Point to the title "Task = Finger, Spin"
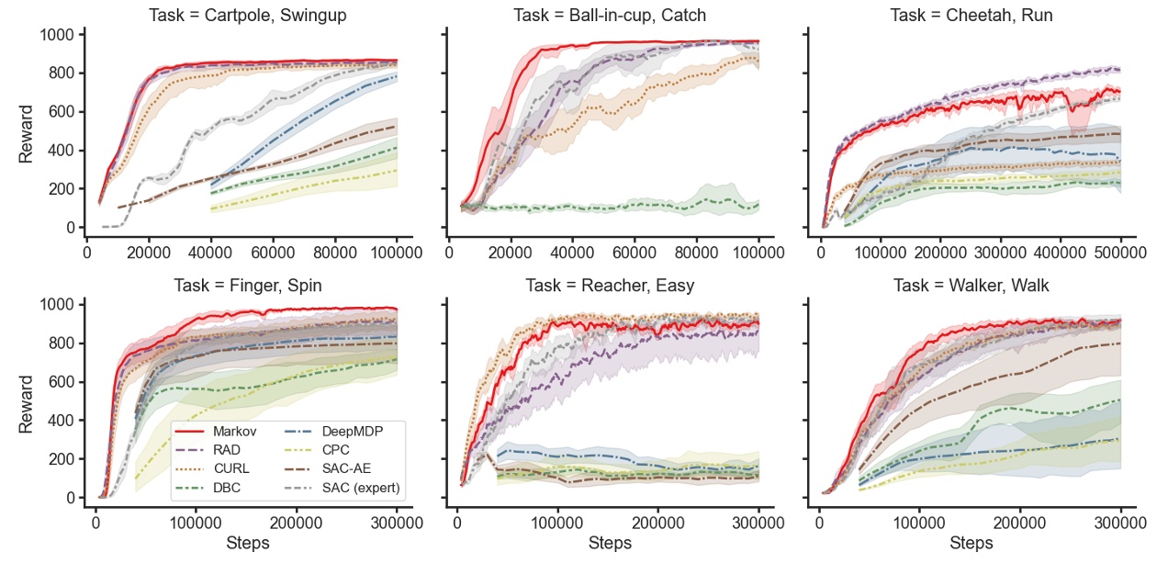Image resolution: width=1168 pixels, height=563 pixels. (248, 286)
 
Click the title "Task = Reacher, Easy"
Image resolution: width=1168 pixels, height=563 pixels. (609, 286)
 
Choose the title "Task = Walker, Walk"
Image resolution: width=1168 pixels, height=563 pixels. (971, 286)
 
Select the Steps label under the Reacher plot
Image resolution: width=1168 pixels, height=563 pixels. (609, 544)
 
